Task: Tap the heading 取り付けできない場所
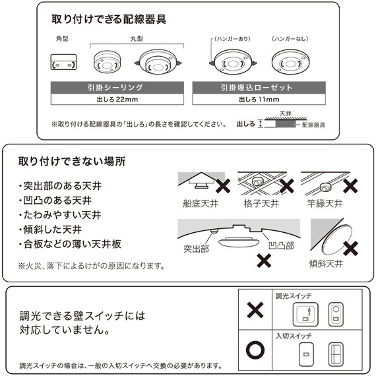(72, 160)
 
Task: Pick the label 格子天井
(262, 203)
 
